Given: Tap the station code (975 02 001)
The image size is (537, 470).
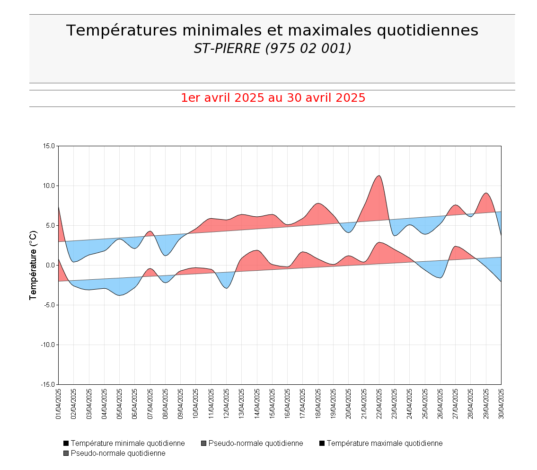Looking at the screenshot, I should click(308, 48).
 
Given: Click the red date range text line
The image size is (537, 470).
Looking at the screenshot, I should click(273, 98).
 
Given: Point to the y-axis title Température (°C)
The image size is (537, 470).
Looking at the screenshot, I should click(33, 265).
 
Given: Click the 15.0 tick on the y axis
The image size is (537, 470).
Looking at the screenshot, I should click(49, 146).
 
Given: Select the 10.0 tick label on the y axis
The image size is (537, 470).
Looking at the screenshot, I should click(49, 186).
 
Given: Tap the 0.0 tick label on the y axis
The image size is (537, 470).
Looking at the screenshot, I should click(51, 265).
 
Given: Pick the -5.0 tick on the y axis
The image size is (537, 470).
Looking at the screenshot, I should click(49, 305).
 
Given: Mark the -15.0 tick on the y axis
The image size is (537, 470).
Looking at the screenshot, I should click(48, 384).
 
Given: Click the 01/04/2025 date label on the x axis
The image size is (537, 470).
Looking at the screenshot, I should click(59, 404).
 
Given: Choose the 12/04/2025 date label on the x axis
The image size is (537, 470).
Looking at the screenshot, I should click(226, 404).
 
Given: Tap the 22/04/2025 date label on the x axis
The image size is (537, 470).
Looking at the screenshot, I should click(379, 404).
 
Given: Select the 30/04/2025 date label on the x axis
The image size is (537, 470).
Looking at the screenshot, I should click(501, 404).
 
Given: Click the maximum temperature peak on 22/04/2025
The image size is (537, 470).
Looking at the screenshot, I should click(379, 176).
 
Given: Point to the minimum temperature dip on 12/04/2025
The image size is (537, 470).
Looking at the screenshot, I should click(227, 288).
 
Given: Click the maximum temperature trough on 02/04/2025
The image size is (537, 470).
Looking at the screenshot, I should click(74, 262).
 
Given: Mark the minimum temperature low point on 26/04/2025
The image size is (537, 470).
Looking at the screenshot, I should click(440, 278).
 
